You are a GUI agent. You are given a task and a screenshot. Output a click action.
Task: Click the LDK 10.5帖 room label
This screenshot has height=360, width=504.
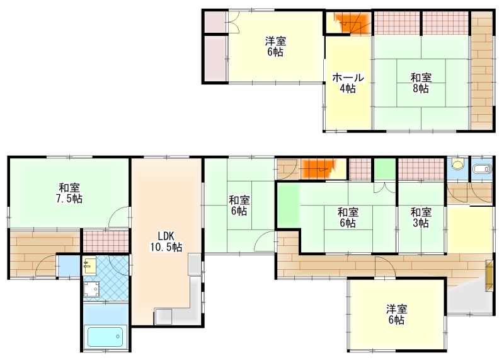(x=166, y=241)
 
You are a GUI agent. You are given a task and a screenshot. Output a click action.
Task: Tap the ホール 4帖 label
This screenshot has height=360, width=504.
(x=348, y=83)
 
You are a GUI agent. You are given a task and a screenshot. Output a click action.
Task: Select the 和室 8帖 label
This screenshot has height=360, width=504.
(x=421, y=83)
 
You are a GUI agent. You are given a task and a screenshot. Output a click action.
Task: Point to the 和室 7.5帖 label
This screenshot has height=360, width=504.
(x=69, y=193)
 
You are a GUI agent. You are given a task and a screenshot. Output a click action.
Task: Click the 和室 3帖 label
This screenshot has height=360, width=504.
(x=421, y=218)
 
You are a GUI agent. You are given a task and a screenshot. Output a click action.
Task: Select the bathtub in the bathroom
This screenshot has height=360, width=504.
(x=105, y=337)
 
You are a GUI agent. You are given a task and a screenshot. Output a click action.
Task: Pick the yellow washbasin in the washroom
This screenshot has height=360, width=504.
(x=89, y=265)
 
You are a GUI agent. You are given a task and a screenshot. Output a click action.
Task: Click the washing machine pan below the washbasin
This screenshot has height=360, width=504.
(x=91, y=289)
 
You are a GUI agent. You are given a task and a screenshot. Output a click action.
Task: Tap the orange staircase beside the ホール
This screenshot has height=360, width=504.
(x=353, y=23)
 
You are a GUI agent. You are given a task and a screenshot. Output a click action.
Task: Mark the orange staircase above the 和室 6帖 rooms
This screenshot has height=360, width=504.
(x=318, y=169)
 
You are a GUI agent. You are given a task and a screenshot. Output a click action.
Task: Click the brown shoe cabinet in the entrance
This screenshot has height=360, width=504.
(x=490, y=276)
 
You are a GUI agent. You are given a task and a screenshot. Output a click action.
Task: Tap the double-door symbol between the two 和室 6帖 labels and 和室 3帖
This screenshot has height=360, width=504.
(x=385, y=187)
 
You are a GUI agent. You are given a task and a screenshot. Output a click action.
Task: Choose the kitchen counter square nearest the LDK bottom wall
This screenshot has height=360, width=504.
(x=164, y=316)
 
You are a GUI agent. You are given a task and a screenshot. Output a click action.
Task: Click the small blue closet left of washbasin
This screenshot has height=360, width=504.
(x=69, y=265)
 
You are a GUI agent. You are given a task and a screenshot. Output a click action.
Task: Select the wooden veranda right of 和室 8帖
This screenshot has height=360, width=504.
(x=482, y=71)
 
